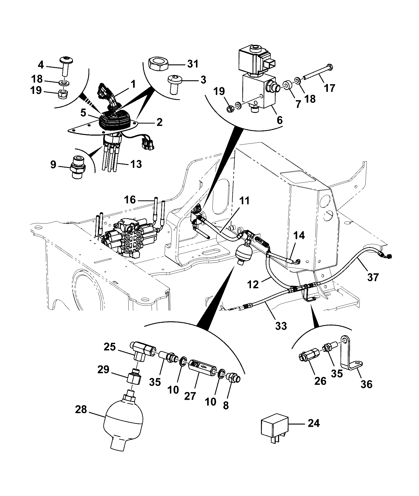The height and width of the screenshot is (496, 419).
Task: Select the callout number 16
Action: (130, 200)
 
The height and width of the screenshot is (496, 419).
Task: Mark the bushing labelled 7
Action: (287, 85)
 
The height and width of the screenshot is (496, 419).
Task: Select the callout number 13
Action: (135, 164)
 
